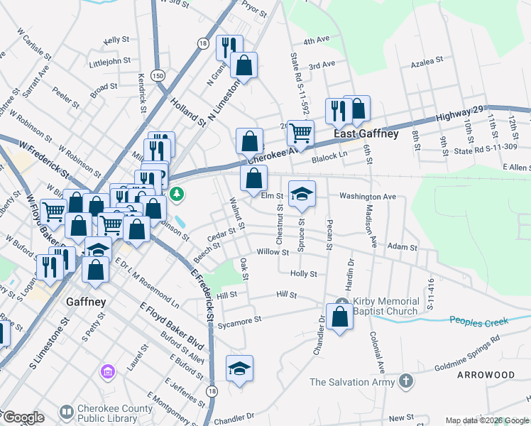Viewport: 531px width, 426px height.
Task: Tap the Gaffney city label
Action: pyautogui.click(x=86, y=302)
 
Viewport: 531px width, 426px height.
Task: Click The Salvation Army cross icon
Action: pyautogui.click(x=405, y=382)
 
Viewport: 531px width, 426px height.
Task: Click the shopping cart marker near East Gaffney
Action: pyautogui.click(x=301, y=133)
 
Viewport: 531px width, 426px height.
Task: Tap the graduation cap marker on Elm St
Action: pyautogui.click(x=302, y=194)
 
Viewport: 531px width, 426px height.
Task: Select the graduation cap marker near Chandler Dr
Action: pyautogui.click(x=240, y=368)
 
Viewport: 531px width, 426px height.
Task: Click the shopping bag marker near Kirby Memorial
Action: pyautogui.click(x=340, y=317)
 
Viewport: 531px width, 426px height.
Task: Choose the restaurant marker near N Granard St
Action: pyautogui.click(x=229, y=48)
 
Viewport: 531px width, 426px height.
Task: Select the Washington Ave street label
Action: pyautogui.click(x=367, y=195)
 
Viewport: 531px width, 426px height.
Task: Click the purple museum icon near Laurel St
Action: pyautogui.click(x=107, y=371)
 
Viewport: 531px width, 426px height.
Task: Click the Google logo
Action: pyautogui.click(x=23, y=417)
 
